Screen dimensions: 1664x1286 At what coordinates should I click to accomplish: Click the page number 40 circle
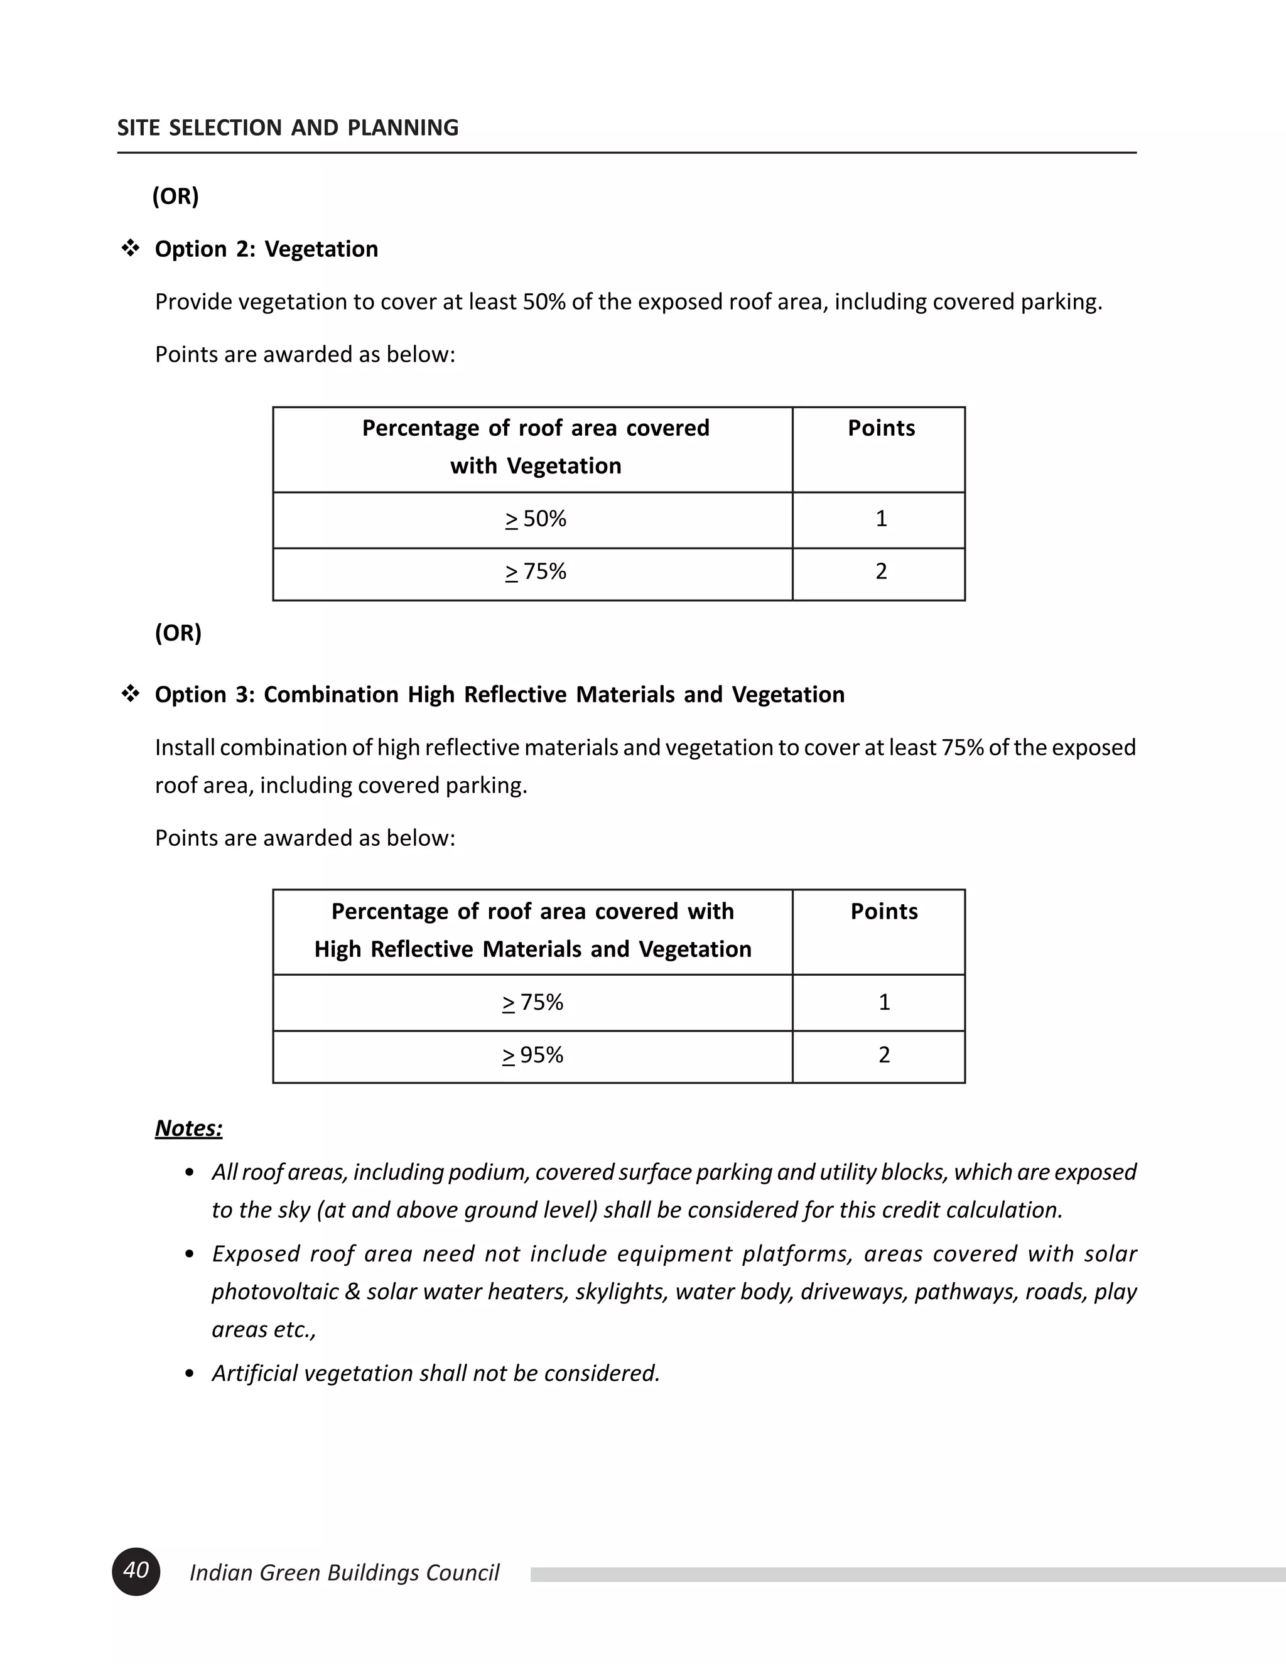pos(136,1571)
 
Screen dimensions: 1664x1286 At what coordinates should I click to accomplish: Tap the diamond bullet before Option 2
pos(130,249)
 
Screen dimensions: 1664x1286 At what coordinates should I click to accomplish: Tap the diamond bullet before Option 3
pos(130,694)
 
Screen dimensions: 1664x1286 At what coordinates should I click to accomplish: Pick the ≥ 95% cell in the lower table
pos(532,1056)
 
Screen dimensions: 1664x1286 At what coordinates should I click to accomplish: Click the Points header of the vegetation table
pos(881,428)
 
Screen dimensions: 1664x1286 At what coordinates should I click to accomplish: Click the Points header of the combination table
pos(883,911)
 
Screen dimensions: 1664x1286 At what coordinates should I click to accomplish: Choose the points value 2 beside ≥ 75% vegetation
pos(881,571)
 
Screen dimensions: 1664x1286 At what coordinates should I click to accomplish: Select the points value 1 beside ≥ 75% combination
pos(883,1003)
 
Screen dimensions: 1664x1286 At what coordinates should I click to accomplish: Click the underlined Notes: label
pos(188,1128)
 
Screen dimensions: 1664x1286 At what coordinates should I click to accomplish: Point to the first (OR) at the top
pos(175,196)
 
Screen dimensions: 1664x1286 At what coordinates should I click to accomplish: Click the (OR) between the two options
pos(178,633)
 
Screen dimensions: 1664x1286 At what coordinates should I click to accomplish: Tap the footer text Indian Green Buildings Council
pos(343,1572)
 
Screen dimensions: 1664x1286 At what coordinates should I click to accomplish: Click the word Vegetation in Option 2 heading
pos(321,249)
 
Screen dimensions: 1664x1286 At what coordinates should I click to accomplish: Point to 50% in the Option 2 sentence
pos(544,301)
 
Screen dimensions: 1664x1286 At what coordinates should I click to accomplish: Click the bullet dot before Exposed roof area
pos(190,1255)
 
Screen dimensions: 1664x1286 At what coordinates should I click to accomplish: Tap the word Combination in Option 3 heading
pos(332,695)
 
